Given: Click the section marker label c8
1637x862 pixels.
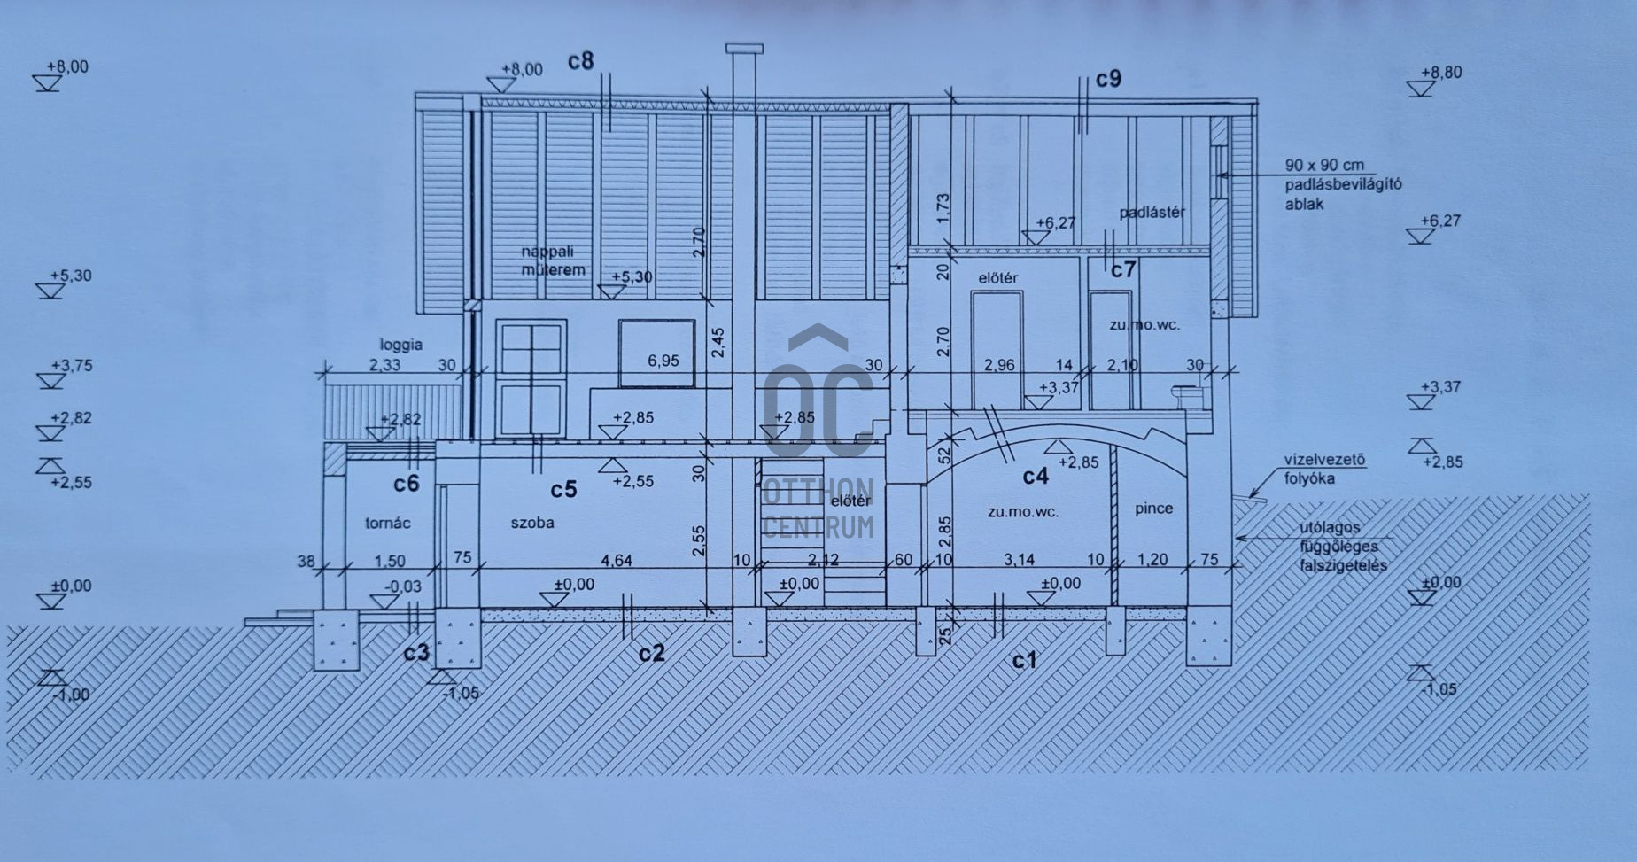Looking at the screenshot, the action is click(581, 60).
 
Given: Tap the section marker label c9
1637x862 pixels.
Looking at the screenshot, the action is click(1108, 79).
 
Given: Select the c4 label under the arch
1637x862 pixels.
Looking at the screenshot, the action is click(1036, 477).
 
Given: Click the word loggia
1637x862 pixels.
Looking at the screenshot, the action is click(401, 345).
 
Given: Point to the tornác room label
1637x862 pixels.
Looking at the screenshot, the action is click(388, 523).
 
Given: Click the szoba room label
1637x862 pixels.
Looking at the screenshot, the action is click(532, 523).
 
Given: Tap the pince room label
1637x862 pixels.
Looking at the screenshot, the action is click(1153, 509).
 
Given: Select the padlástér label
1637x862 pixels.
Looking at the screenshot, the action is click(1152, 213).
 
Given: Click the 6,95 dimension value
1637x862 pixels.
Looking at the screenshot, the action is click(663, 361).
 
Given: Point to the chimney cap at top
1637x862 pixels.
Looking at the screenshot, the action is click(743, 48).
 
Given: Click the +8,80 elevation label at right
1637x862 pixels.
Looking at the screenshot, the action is click(1441, 73).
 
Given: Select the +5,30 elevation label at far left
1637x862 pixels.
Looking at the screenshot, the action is click(70, 276).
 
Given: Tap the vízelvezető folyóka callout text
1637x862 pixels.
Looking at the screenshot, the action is click(1324, 470).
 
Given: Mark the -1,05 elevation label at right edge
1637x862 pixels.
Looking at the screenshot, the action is click(1439, 689).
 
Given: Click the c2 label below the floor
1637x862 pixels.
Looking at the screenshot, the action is click(651, 653).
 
